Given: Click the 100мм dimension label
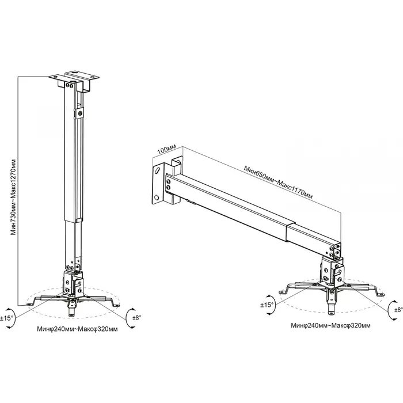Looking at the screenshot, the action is (166, 149).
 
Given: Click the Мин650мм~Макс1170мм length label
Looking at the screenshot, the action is (278, 183).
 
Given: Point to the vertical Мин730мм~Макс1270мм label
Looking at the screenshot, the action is (13, 197).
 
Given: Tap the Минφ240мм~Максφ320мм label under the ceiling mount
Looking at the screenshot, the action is (77, 329).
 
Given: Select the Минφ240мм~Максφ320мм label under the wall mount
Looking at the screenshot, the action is (331, 325).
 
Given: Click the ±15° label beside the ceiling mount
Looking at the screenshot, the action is (6, 318).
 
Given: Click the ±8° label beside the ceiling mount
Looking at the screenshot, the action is (137, 318).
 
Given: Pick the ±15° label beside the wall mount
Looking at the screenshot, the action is (267, 305).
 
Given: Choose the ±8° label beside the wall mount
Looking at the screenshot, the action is (398, 310).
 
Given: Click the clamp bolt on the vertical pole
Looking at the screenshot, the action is (81, 113).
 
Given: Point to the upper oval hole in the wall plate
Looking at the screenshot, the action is (158, 170).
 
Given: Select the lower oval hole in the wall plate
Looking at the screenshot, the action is (157, 197).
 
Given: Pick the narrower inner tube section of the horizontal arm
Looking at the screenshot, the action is (314, 239).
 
